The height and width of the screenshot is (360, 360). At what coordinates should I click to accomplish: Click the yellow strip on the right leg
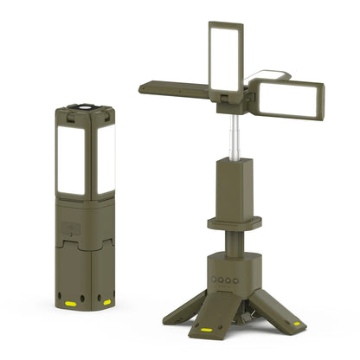point(297,323)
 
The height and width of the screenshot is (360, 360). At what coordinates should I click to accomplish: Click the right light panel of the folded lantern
point(106,159)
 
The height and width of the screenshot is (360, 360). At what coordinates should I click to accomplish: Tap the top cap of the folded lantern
point(87,108)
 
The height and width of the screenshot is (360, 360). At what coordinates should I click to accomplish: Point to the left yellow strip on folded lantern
point(70,304)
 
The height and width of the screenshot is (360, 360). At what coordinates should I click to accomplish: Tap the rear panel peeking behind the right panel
point(264,78)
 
